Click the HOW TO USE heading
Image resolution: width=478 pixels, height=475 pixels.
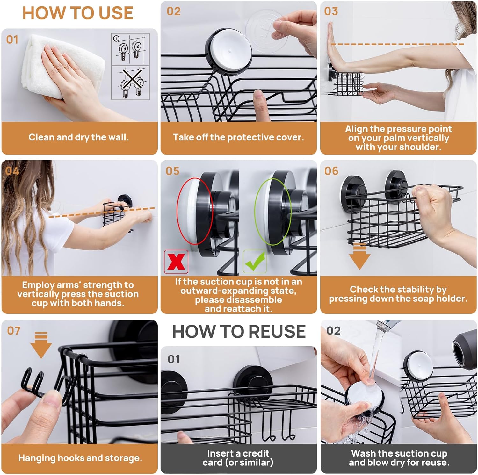[x=78, y=13]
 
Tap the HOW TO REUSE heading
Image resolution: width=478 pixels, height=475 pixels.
[x=239, y=331]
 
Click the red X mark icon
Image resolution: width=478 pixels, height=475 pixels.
[x=176, y=262]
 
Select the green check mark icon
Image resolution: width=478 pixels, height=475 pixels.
[x=255, y=262]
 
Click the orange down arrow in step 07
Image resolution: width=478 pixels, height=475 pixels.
[x=41, y=345]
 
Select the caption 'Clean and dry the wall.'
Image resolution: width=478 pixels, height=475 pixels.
[x=79, y=137]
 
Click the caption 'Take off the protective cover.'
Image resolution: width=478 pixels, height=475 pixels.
[x=238, y=137]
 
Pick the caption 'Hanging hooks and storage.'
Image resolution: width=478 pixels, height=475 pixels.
[x=80, y=458]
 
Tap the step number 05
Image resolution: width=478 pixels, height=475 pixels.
[x=172, y=171]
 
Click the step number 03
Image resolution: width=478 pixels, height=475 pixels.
[x=331, y=11]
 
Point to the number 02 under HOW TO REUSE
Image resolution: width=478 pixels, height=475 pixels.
[x=334, y=331]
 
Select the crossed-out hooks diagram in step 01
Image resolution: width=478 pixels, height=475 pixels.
[x=130, y=83]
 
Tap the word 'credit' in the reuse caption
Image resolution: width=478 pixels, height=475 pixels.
[x=256, y=453]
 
